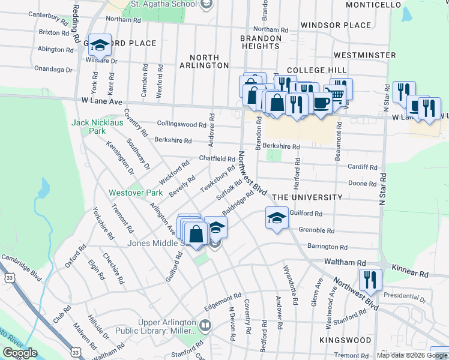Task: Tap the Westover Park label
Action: [x=127, y=193]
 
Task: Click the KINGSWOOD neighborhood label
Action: [x=346, y=340]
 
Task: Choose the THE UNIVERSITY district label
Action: [x=307, y=197]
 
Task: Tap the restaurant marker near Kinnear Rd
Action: [x=370, y=279]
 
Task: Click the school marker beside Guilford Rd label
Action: [x=277, y=218]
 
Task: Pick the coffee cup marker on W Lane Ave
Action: [x=321, y=103]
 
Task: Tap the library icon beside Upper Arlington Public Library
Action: [x=206, y=326]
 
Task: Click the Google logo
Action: [x=20, y=353]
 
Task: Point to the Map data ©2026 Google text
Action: [x=412, y=355]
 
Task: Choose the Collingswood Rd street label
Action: [x=181, y=124]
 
